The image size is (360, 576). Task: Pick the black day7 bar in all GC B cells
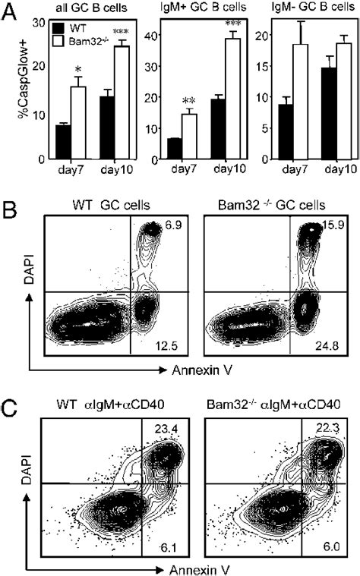64,142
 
